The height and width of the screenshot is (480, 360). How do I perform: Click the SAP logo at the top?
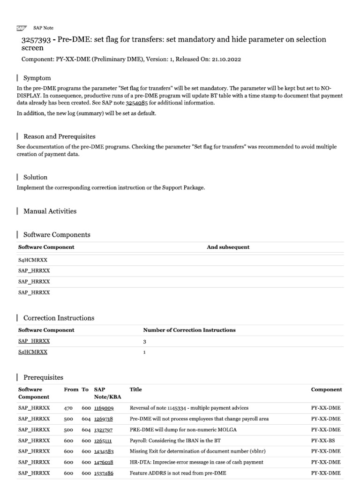tap(22, 28)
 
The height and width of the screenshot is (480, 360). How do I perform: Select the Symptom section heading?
tap(37, 78)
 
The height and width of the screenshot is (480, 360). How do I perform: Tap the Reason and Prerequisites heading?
tap(59, 136)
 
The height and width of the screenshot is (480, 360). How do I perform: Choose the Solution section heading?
tap(35, 177)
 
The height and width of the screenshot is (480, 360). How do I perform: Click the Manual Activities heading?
tap(50, 211)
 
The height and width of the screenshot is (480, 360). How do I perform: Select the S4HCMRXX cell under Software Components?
tap(33, 259)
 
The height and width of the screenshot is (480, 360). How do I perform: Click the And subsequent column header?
tap(228, 247)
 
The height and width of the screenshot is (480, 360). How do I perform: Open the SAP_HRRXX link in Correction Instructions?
tap(33, 342)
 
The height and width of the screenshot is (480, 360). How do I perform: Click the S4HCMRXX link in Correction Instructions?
tap(33, 352)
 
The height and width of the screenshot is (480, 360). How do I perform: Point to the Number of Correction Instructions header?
tap(189, 330)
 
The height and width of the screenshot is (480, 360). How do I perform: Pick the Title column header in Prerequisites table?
tap(135, 390)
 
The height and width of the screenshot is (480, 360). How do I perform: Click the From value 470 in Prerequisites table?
tap(69, 408)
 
